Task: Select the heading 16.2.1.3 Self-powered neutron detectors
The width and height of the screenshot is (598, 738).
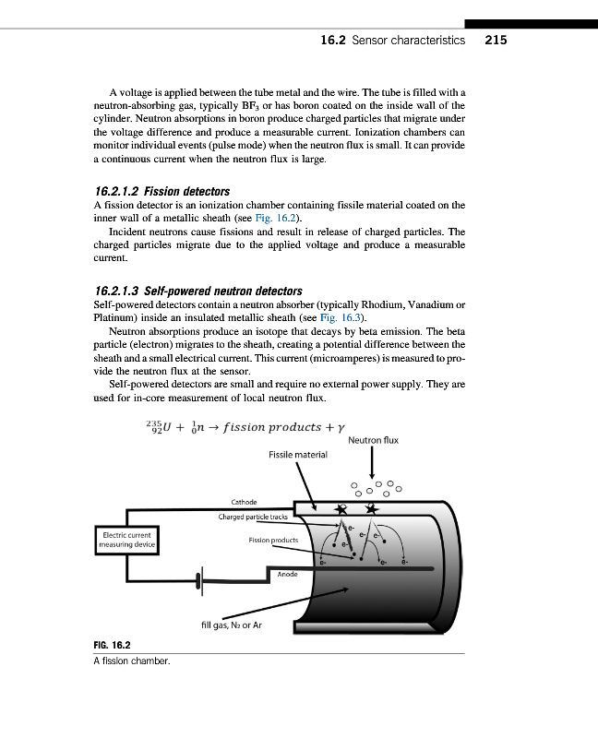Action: (x=198, y=292)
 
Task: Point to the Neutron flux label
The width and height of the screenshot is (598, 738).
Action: (x=373, y=441)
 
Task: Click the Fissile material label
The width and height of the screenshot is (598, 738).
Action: (x=297, y=455)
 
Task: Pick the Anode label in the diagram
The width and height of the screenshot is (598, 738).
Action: (x=288, y=575)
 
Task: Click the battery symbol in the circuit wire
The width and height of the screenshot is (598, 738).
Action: (x=198, y=581)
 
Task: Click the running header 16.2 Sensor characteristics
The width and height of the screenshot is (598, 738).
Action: (x=392, y=41)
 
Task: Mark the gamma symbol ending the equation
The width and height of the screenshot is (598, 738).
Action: (x=341, y=428)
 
